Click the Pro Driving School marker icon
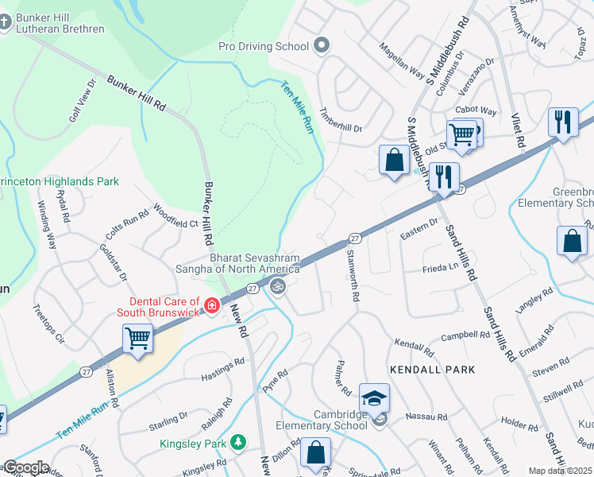[322, 45]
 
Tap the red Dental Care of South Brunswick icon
[211, 305]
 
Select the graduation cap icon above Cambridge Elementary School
[374, 397]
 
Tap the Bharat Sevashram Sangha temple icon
[277, 286]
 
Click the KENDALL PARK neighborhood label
[432, 370]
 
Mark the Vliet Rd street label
[520, 131]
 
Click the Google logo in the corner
[25, 467]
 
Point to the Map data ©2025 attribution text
[560, 471]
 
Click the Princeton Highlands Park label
[60, 181]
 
